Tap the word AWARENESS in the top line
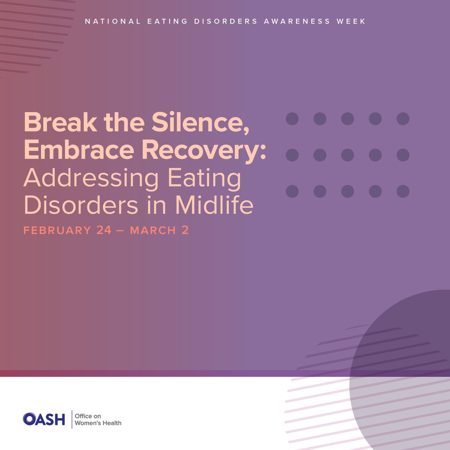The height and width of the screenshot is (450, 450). (x=297, y=21)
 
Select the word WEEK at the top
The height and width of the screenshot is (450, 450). (x=351, y=21)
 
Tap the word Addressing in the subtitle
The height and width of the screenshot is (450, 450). (x=91, y=179)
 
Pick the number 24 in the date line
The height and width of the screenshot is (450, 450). (x=104, y=230)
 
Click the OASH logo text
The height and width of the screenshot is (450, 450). (x=44, y=419)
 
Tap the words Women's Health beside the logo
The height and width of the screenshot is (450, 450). (x=98, y=423)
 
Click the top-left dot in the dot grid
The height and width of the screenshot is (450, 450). (x=292, y=119)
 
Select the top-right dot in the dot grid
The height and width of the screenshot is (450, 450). (x=403, y=119)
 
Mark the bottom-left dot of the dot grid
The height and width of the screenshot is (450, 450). (x=292, y=191)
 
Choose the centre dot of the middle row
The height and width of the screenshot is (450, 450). (x=348, y=155)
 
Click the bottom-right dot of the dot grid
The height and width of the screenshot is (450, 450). (x=403, y=191)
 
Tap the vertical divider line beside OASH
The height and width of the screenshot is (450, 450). (x=72, y=419)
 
